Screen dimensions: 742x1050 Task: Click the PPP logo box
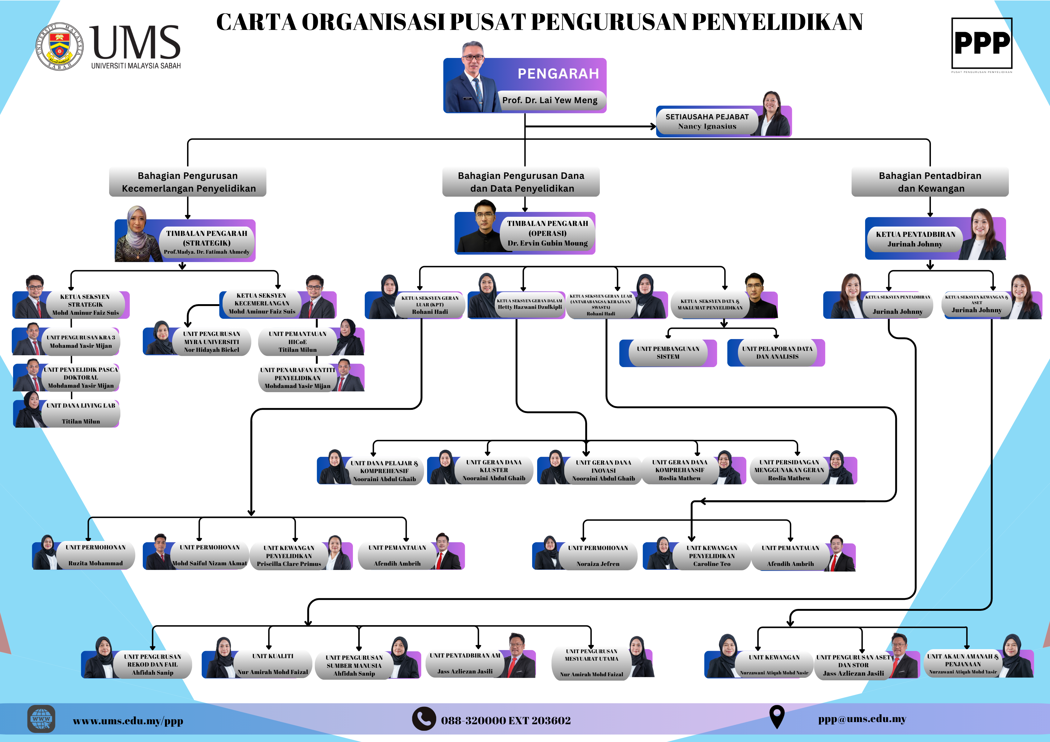981,43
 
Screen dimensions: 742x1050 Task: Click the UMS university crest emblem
60,47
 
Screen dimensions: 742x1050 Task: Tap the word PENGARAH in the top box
558,74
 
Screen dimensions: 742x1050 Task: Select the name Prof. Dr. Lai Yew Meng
550,100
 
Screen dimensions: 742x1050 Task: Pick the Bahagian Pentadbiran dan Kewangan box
930,182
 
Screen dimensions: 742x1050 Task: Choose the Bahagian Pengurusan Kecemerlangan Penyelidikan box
187,182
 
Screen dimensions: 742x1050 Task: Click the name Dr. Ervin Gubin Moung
547,243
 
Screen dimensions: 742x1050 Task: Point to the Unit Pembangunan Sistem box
668,353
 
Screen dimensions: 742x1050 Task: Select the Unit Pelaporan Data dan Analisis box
777,353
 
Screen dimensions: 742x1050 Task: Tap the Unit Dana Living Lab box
80,413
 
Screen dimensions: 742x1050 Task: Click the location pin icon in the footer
777,716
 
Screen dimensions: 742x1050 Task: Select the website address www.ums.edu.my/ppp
128,721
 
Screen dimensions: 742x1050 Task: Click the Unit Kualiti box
272,664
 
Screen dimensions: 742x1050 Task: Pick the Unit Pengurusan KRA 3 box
80,342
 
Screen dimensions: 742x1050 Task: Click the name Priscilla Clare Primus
289,564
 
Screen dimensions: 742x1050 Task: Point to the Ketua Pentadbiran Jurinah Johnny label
915,239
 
